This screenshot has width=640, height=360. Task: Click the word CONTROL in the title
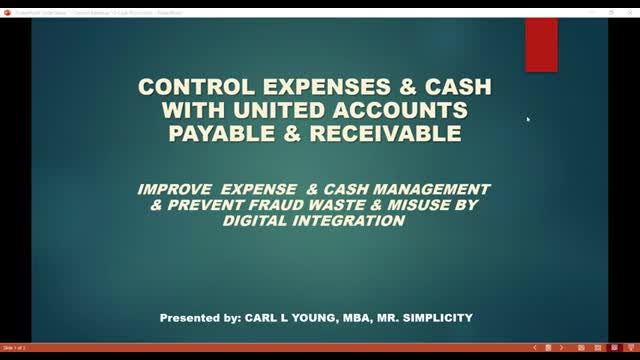[x=185, y=87]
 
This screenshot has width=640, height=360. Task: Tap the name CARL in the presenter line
[x=259, y=318]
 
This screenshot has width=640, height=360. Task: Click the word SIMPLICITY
[x=436, y=318]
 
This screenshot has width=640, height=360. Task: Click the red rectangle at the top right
[x=541, y=44]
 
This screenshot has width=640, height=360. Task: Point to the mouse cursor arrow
[x=528, y=118]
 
